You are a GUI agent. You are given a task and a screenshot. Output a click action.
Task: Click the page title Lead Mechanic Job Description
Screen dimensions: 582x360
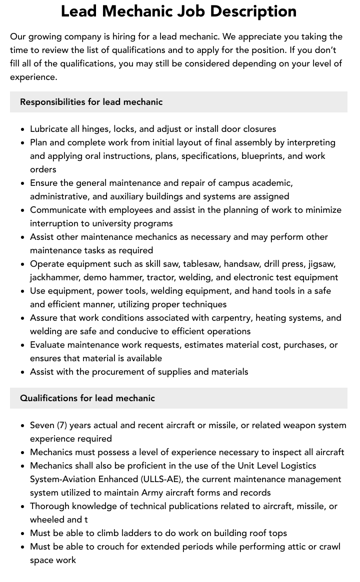(x=178, y=11)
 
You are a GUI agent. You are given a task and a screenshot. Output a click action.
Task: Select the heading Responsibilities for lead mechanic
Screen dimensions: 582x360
(x=91, y=102)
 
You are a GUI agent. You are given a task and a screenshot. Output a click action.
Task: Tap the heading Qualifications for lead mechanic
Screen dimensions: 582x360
(x=87, y=398)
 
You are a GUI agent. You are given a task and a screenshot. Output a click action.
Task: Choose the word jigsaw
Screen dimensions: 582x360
(x=321, y=264)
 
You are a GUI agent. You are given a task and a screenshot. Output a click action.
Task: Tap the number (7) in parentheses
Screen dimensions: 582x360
(x=61, y=425)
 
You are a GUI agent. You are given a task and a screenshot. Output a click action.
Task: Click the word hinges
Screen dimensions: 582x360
(x=81, y=129)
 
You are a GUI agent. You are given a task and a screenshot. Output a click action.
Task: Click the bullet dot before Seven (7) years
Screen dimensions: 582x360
(x=22, y=426)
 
